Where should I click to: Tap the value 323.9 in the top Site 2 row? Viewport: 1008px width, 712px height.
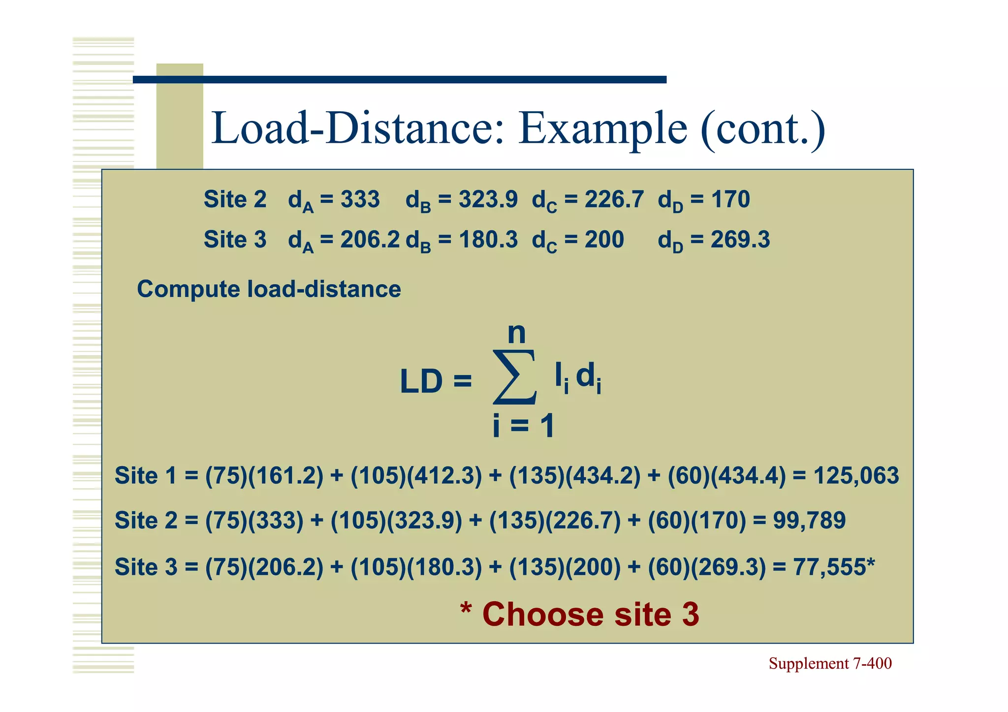[488, 199]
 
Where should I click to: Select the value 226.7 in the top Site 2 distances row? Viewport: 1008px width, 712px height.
[614, 199]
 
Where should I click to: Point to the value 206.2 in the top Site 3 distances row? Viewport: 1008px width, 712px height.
[370, 240]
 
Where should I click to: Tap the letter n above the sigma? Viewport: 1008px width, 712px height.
[517, 333]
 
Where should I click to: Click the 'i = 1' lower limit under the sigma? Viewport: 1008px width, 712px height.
[524, 426]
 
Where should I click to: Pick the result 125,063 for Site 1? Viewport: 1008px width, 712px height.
[856, 476]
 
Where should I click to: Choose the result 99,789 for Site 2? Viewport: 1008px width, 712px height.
[809, 520]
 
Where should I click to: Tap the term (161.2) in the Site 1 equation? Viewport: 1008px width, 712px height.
[286, 476]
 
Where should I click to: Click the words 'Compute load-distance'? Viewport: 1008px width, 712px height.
[269, 289]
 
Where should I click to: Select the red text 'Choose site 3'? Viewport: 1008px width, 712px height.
[591, 614]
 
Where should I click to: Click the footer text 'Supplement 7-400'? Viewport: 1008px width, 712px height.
[830, 663]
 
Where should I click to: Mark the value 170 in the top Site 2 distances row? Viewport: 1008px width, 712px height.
[730, 199]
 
